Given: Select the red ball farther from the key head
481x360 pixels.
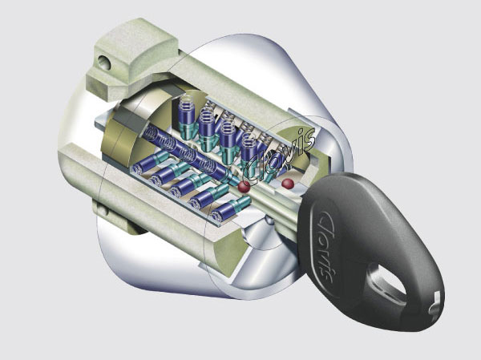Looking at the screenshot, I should click(x=242, y=186).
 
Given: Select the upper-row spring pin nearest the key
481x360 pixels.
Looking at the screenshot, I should click(x=251, y=148).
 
